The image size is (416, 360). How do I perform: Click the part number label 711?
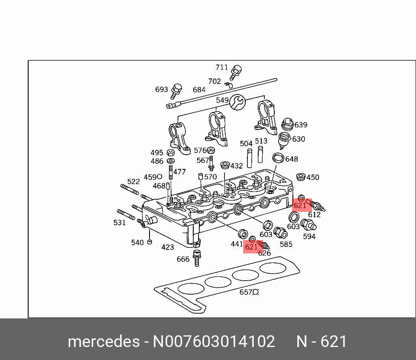[x=221, y=67]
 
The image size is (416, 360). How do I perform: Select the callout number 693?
[x=161, y=90]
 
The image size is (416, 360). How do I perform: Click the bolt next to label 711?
[x=236, y=71]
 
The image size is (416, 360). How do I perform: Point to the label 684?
[x=199, y=90]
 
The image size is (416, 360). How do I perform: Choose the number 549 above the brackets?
[x=222, y=100]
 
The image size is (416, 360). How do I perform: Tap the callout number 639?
[x=300, y=125]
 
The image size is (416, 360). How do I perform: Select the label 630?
[x=298, y=139]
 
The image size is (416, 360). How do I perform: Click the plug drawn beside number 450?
[x=299, y=177]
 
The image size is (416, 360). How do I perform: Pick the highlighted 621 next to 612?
[x=300, y=206]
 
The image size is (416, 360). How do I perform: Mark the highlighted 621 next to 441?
[x=251, y=247]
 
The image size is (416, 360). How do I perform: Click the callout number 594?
[x=309, y=237]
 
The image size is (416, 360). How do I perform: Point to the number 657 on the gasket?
[x=246, y=292]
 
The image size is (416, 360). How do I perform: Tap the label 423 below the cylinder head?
[x=167, y=247]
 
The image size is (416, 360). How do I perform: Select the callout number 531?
[x=119, y=223]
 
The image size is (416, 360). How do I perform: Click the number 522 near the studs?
[x=133, y=182]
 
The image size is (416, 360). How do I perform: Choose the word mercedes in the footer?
[x=103, y=342]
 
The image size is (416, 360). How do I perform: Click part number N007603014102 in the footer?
[x=214, y=342]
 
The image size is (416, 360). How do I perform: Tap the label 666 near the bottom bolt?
[x=183, y=259]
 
